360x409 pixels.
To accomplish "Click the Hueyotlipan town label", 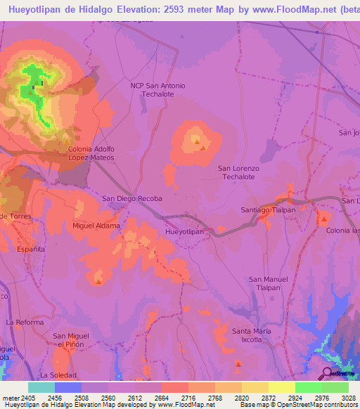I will click(x=184, y=231).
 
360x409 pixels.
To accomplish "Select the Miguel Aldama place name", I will click(x=96, y=226).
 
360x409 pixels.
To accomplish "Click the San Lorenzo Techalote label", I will click(x=239, y=173).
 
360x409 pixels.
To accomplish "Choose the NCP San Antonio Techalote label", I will click(x=158, y=89).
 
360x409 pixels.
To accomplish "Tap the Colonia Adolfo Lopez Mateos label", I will click(x=91, y=153).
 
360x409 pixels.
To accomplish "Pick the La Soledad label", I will click(x=57, y=375).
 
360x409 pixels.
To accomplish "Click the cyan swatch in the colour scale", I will click(x=41, y=387).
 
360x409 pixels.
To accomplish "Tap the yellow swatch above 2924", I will click(x=281, y=387).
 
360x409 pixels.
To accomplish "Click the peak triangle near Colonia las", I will click(x=324, y=219).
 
